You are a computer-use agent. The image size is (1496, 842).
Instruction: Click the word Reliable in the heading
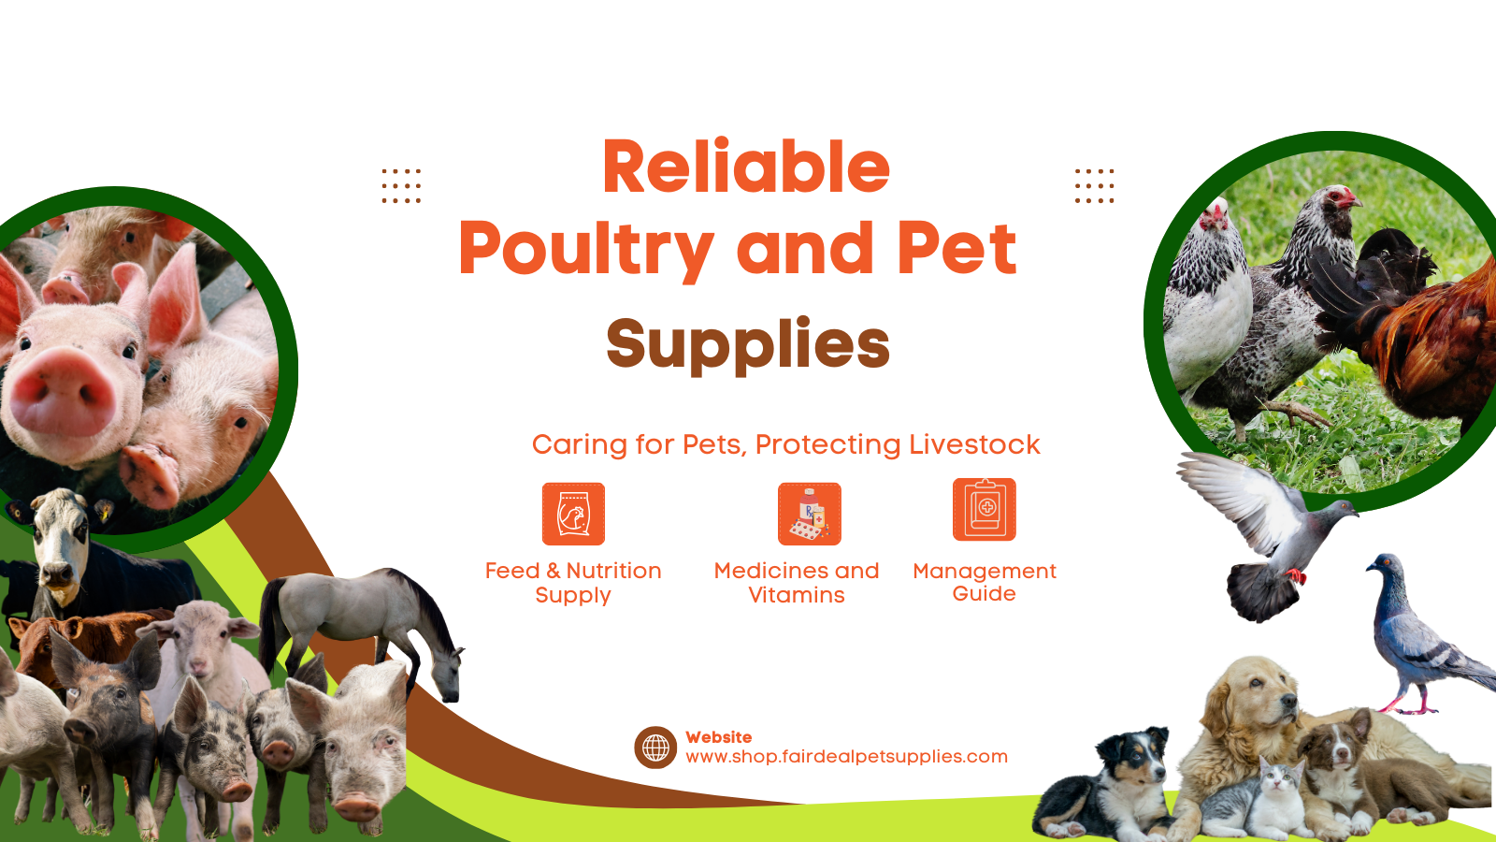[x=746, y=167]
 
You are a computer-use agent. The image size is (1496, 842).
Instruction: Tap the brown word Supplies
[x=748, y=345]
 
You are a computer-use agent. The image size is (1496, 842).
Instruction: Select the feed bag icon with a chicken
[x=573, y=514]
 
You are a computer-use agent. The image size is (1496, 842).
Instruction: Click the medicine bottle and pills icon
[x=810, y=514]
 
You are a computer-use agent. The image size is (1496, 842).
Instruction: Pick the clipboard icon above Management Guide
[x=985, y=509]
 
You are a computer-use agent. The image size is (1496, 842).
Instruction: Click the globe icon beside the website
[x=655, y=748]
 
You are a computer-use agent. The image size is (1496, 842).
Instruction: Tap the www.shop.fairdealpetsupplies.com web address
[x=846, y=757]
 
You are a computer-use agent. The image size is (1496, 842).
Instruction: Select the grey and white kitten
[x=1256, y=802]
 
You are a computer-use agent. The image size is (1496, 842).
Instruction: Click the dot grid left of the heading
[x=401, y=186]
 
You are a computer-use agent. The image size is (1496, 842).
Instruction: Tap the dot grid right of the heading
[x=1094, y=186]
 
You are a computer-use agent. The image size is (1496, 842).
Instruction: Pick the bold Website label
[x=719, y=737]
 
